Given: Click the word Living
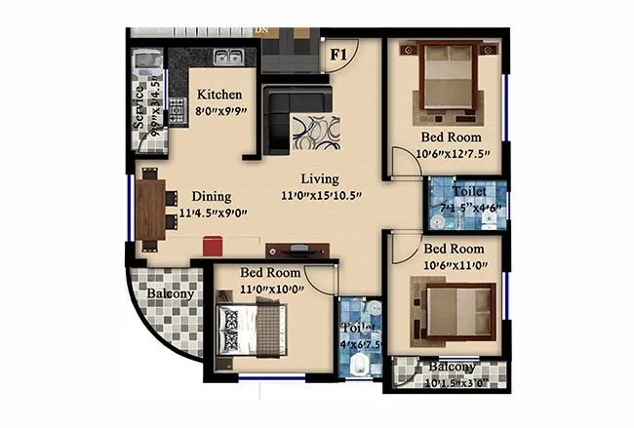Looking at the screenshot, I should [x=319, y=178].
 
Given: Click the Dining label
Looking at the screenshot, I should [x=212, y=195].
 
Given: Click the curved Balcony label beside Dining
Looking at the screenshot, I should [x=171, y=293].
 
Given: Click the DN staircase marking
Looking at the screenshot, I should [x=261, y=30].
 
